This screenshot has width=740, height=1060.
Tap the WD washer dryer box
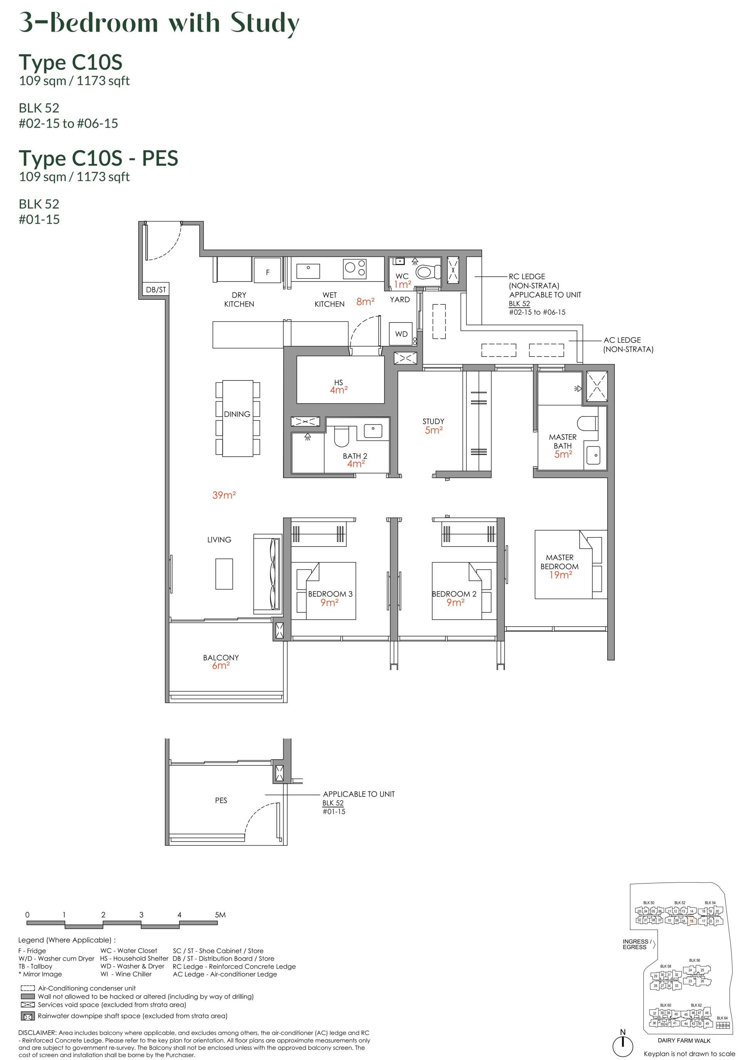pyautogui.click(x=400, y=333)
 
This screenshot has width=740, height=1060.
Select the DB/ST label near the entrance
pyautogui.click(x=156, y=289)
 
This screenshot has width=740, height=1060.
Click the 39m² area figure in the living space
pyautogui.click(x=224, y=495)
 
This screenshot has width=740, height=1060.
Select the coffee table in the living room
pyautogui.click(x=224, y=573)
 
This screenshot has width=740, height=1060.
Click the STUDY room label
pyautogui.click(x=433, y=421)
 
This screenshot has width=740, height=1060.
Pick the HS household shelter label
pyautogui.click(x=338, y=382)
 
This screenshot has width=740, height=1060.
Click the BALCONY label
pyautogui.click(x=221, y=657)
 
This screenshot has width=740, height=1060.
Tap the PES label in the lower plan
pyautogui.click(x=221, y=800)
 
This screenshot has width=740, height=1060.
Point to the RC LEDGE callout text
pyautogui.click(x=526, y=276)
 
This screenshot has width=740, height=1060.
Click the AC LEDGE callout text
pyautogui.click(x=622, y=340)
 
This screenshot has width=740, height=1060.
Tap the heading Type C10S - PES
pyautogui.click(x=98, y=158)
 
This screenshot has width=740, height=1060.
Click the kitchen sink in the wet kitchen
pyautogui.click(x=308, y=271)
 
